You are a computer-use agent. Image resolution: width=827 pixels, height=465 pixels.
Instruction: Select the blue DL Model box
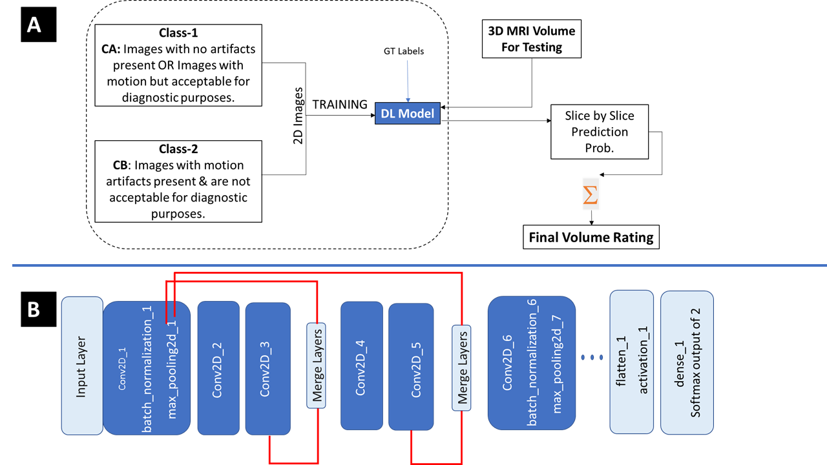[x=407, y=114]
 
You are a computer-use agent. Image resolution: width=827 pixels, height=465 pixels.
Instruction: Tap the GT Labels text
[x=404, y=51]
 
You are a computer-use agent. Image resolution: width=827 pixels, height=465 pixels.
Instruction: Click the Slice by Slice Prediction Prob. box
[x=599, y=132]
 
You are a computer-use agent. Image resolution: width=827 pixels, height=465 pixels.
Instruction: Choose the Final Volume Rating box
[x=591, y=237]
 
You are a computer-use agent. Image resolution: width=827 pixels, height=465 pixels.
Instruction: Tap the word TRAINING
[x=340, y=105]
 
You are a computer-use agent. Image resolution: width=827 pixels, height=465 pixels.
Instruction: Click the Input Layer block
[x=82, y=365]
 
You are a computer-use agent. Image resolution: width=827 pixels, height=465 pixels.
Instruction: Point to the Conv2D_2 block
[x=218, y=367]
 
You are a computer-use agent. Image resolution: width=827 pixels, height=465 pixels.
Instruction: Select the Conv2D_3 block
[x=268, y=367]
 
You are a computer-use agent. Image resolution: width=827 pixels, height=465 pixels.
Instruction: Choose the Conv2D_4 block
[x=361, y=365]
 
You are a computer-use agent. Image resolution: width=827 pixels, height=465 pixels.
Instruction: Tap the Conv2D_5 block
[x=411, y=367]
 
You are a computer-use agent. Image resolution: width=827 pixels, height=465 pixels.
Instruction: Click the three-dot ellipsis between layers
[x=592, y=356]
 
